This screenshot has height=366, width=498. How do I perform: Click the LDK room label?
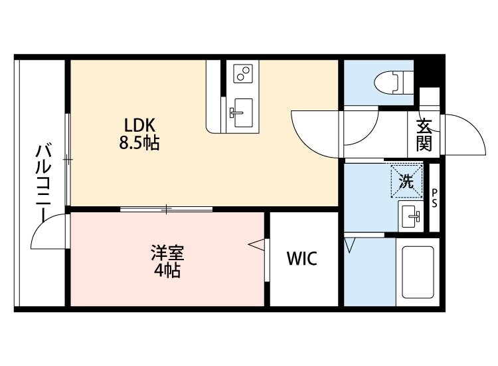[x=140, y=124]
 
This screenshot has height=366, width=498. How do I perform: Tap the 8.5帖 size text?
[x=140, y=142]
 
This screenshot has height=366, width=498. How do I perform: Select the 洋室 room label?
[x=167, y=254]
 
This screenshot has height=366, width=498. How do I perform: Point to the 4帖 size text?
[x=167, y=270]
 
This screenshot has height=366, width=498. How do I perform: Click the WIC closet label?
[x=302, y=258]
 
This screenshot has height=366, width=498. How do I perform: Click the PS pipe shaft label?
[x=435, y=198]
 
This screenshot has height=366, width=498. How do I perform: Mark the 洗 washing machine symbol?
[x=406, y=180]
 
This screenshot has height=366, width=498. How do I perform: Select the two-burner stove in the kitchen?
[x=242, y=73]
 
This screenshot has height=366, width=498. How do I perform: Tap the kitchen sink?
[x=241, y=108]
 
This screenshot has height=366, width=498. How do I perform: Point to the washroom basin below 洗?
[x=410, y=215]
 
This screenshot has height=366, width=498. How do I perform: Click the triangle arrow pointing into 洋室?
[x=256, y=246]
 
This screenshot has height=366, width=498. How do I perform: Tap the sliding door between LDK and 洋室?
[x=167, y=209]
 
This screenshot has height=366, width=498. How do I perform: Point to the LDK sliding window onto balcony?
[x=68, y=158]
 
